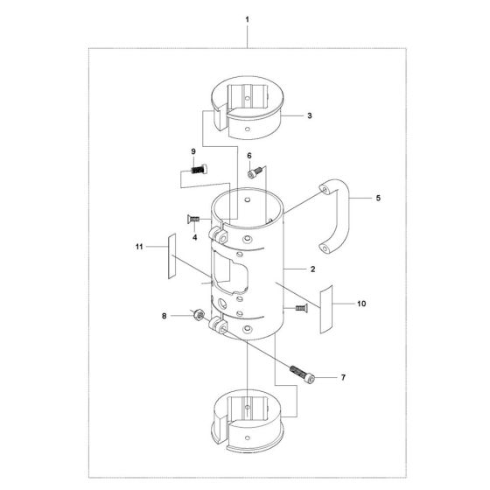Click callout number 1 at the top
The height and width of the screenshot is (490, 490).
point(248,18)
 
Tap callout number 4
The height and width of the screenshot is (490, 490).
point(194,236)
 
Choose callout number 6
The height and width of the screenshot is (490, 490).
point(250,157)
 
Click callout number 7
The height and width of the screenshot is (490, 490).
point(344,378)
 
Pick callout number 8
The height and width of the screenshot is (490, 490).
point(164,316)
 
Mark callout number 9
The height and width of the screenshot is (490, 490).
point(193,153)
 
